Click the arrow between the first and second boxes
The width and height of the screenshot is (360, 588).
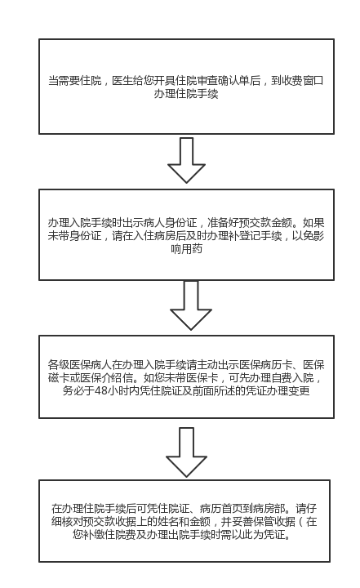[186, 160]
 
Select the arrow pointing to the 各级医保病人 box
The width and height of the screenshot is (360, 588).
[191, 305]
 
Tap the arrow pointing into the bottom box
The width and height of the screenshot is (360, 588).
[186, 452]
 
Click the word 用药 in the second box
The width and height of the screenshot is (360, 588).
[192, 248]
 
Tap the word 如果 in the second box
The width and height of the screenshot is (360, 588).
[313, 223]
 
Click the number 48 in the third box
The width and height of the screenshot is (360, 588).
[101, 390]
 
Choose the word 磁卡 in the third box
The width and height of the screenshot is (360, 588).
[59, 377]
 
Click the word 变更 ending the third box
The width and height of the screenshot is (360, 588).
[299, 390]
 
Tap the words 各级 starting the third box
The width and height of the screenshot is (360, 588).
[59, 365]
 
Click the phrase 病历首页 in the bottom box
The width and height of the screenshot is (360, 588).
[221, 509]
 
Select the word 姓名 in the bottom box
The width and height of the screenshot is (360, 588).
[167, 522]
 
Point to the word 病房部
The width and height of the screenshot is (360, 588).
[269, 509]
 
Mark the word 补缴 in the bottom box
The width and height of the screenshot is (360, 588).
[94, 534]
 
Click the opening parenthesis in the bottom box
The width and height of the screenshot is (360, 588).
[302, 522]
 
